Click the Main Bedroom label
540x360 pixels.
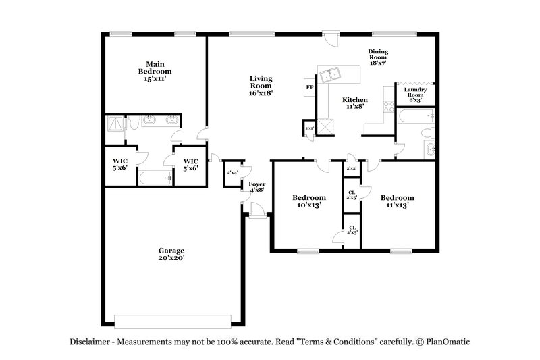coord(155,71)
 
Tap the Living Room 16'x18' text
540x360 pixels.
coord(261,86)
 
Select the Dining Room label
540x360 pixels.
coord(378,56)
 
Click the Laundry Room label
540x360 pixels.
coord(414,93)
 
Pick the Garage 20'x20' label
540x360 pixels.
coord(171,253)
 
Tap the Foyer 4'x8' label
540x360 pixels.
coord(256,186)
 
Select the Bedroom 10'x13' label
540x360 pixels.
coord(308,201)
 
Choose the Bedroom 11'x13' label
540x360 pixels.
coord(396,201)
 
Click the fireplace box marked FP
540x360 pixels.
coord(310,87)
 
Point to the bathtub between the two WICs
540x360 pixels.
coord(155,178)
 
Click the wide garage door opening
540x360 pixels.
coord(178,319)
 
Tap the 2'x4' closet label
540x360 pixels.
coord(233,174)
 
